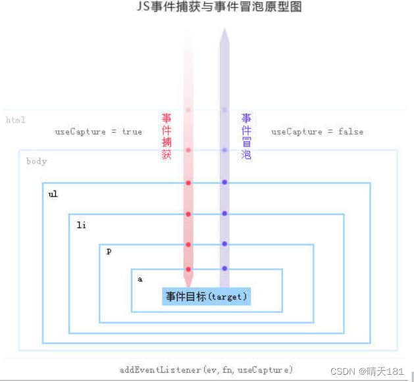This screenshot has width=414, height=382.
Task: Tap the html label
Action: point(16,120)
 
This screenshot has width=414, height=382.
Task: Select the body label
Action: point(37,161)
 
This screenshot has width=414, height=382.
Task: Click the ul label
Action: point(53,195)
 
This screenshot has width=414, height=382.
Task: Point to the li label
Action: point(81,226)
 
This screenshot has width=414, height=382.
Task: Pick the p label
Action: point(109,252)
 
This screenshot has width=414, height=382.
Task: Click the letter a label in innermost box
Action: point(140,279)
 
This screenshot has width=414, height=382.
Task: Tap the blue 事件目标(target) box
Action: point(207,297)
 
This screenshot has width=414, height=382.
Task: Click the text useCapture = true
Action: point(98,131)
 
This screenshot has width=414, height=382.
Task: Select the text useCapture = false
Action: point(317,131)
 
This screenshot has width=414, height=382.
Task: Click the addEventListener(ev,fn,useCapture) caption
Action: point(206,370)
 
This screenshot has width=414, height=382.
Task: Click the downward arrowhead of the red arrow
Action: point(188,281)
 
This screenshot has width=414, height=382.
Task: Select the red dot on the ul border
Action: point(188,183)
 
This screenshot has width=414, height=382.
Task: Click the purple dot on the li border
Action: point(224,214)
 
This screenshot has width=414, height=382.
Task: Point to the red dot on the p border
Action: point(188,245)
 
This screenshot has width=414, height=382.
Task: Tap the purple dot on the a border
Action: point(224,268)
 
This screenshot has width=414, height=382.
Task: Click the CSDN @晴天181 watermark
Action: point(376,371)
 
